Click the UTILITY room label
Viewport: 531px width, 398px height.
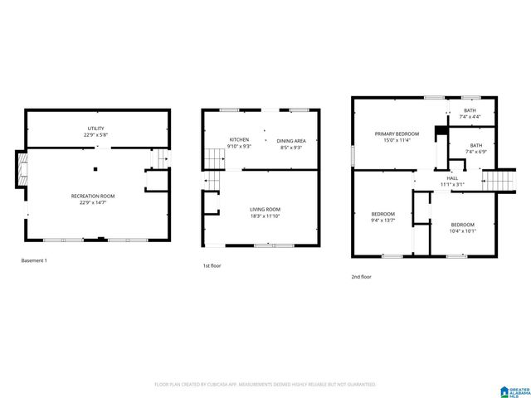(96, 129)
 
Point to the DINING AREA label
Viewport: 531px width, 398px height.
(291, 141)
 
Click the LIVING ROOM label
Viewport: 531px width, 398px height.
(266, 209)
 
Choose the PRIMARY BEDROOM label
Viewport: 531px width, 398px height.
(397, 133)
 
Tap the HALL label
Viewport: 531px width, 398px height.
(453, 177)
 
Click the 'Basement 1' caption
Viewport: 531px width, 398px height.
(35, 261)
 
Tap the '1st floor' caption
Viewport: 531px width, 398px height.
(212, 266)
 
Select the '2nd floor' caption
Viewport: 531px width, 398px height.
(361, 277)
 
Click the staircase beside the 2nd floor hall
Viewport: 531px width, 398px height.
(500, 180)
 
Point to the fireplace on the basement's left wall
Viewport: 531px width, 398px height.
(22, 169)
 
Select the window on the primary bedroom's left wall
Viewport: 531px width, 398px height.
(353, 154)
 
